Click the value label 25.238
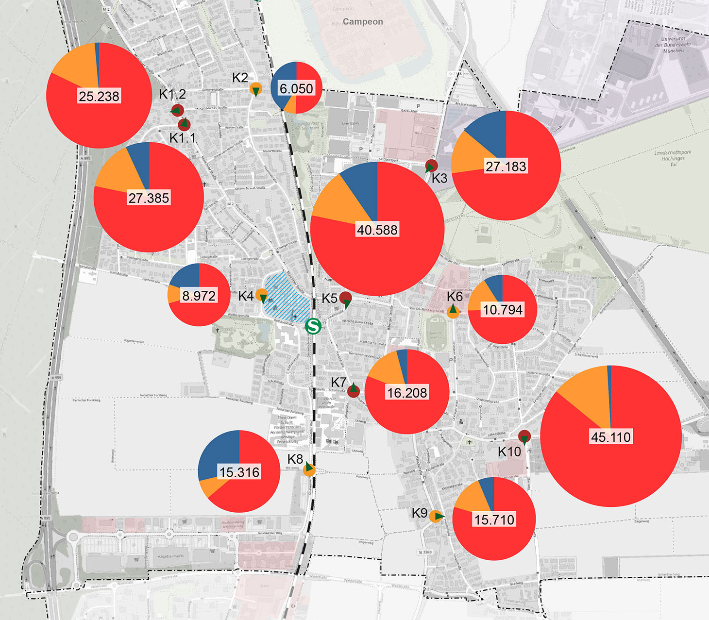[x=99, y=96]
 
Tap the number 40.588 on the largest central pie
[x=377, y=230]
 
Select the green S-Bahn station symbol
[x=313, y=326]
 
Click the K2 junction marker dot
[x=256, y=89]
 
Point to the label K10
[x=509, y=452]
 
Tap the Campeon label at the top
[x=363, y=22]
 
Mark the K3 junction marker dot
[x=431, y=166]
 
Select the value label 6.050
[x=297, y=89]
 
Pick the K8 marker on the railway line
[x=309, y=469]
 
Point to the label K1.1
[x=183, y=138]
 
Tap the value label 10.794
[x=503, y=310]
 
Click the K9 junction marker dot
[x=436, y=516]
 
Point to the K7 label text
[x=338, y=383]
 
